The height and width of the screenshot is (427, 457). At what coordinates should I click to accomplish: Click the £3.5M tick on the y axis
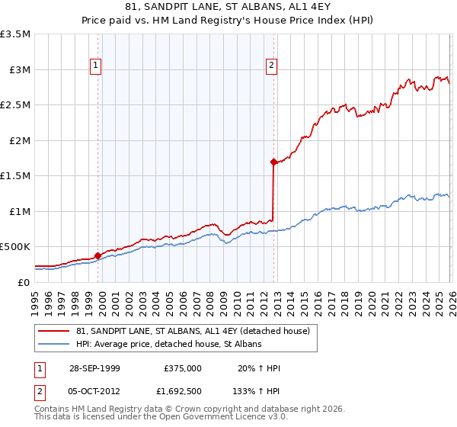(x=16, y=34)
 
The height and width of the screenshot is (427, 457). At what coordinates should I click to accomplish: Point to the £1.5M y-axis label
(x=16, y=176)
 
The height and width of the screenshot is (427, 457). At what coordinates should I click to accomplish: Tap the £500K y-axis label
(x=16, y=247)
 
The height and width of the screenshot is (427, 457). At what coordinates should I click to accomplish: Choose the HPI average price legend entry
(x=169, y=345)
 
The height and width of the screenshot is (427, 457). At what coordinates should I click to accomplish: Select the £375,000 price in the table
(x=182, y=368)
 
